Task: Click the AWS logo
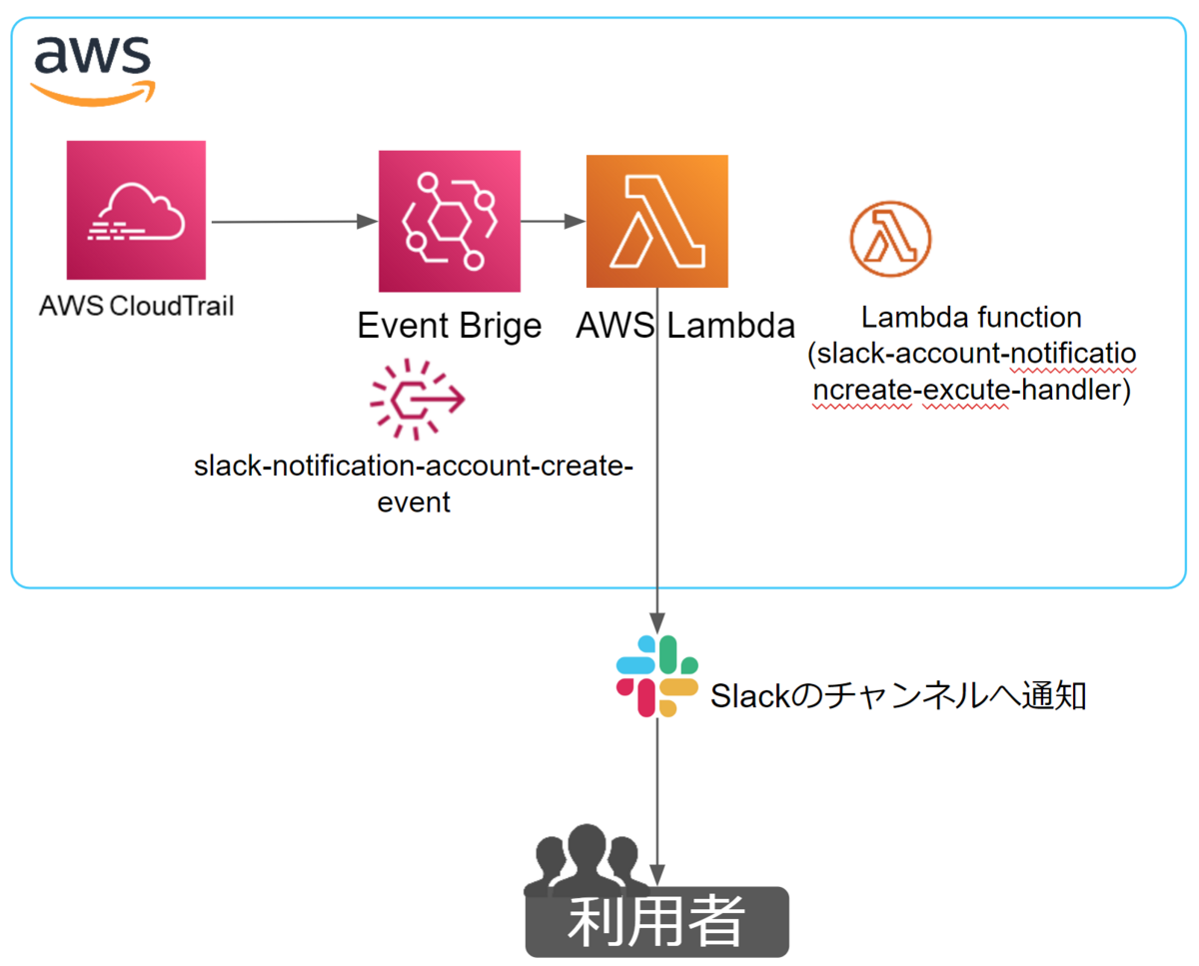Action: pyautogui.click(x=91, y=68)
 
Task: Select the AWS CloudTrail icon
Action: pyautogui.click(x=136, y=211)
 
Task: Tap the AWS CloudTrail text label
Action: pyautogui.click(x=136, y=305)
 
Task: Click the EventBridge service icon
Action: pyautogui.click(x=450, y=221)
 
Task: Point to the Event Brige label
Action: pyautogui.click(x=450, y=325)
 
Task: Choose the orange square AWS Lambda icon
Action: pyautogui.click(x=656, y=221)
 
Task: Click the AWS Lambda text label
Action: pyautogui.click(x=685, y=325)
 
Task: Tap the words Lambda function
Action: pyautogui.click(x=971, y=318)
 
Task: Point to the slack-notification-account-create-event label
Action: pyautogui.click(x=414, y=483)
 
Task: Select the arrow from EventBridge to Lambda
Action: pyautogui.click(x=553, y=222)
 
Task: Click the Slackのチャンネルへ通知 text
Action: pyautogui.click(x=897, y=696)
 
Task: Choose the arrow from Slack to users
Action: pyautogui.click(x=656, y=789)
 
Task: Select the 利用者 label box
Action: pyautogui.click(x=656, y=921)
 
